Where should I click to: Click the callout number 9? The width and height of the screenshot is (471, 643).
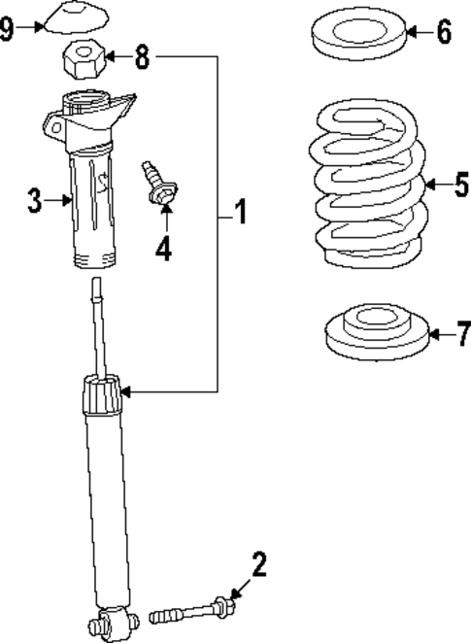pyautogui.click(x=8, y=28)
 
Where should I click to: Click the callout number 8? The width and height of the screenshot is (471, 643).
pyautogui.click(x=142, y=57)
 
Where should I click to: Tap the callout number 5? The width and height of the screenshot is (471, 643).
pyautogui.click(x=460, y=184)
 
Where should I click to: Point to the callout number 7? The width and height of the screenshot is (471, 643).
pyautogui.click(x=462, y=335)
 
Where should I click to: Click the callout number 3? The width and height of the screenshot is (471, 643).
pyautogui.click(x=34, y=201)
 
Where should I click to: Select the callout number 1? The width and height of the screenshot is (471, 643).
pyautogui.click(x=239, y=212)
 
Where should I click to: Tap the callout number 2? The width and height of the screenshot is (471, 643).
pyautogui.click(x=258, y=563)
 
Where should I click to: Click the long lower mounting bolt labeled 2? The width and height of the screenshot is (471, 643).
pyautogui.click(x=193, y=611)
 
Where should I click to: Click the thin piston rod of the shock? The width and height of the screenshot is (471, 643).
pyautogui.click(x=98, y=325)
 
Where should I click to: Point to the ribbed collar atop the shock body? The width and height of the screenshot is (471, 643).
pyautogui.click(x=101, y=395)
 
